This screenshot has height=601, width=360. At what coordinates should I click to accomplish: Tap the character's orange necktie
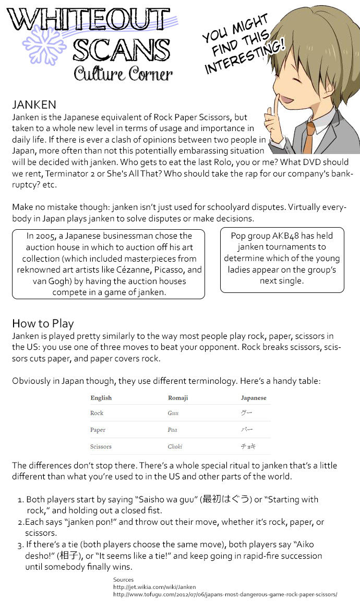(x=310, y=136)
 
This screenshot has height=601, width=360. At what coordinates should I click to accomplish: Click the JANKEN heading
(x=34, y=105)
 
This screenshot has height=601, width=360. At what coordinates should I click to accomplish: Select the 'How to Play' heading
(x=43, y=323)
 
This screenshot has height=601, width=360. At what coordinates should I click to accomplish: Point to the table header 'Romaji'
(x=178, y=398)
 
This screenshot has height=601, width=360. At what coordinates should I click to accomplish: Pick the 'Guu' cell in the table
(x=173, y=413)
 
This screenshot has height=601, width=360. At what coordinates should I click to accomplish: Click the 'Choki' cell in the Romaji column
(x=175, y=446)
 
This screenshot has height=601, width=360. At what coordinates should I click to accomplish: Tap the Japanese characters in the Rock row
(x=246, y=413)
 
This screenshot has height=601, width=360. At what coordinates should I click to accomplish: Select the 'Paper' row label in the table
(x=98, y=430)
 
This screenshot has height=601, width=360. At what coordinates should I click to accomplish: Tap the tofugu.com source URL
(x=225, y=594)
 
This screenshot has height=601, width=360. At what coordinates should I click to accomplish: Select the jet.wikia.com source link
(x=154, y=587)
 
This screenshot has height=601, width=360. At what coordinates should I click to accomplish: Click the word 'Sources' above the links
(x=123, y=580)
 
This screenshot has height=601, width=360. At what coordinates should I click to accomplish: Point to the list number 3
(x=20, y=545)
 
